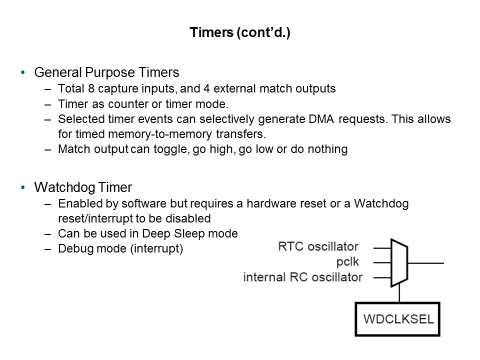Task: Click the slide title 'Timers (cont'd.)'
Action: pos(240,33)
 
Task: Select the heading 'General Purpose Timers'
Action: pos(106,73)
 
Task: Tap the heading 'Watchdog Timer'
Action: pos(83,187)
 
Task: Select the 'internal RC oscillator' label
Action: pos(302,277)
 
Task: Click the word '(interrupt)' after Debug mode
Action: pos(157,248)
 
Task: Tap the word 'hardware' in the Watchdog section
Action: pos(246,204)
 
